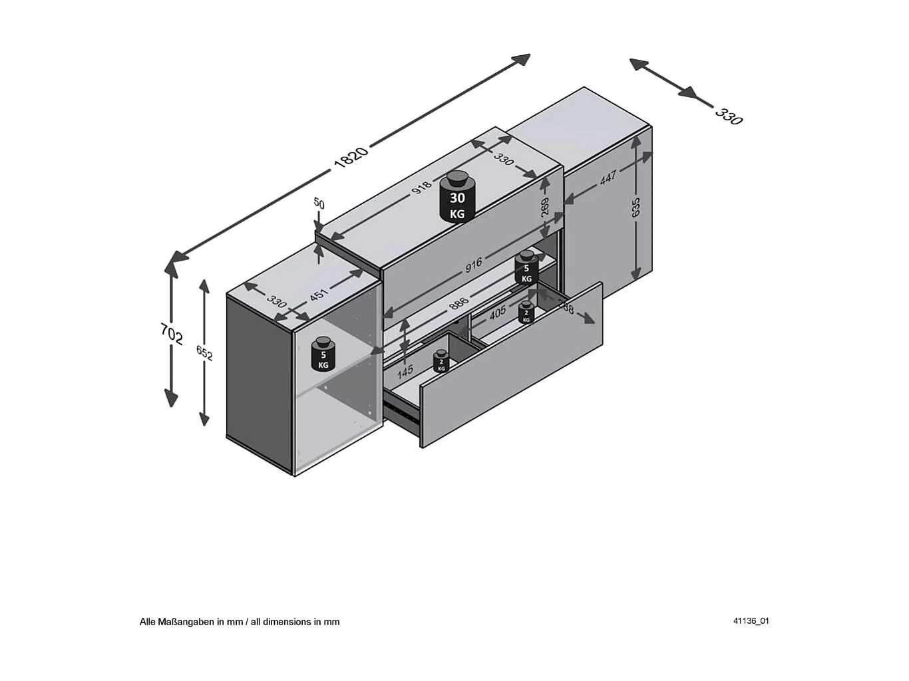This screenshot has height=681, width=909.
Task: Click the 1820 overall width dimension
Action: [x=351, y=156]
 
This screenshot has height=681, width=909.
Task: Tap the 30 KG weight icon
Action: [x=457, y=198]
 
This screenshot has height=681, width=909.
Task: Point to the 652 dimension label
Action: [x=204, y=353]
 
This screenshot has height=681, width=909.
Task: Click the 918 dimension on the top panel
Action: [x=421, y=188]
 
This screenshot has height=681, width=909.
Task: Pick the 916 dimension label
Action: [x=473, y=265]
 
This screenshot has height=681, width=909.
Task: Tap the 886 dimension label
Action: [x=458, y=304]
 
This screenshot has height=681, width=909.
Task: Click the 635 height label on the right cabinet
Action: [x=636, y=207]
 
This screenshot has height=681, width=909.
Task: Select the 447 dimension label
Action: [x=608, y=178]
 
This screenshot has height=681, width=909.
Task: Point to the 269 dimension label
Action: [x=545, y=207]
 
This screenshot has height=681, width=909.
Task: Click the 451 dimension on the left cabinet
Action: [x=319, y=294]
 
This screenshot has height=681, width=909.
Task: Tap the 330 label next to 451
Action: [x=277, y=300]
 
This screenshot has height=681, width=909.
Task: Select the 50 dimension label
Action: [x=319, y=204]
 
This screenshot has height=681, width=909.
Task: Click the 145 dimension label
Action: [x=405, y=371]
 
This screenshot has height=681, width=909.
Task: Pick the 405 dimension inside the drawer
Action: [x=497, y=313]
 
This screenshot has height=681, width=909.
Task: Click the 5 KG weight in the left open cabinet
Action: [x=323, y=354]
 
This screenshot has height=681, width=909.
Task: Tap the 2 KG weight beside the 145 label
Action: [x=441, y=362]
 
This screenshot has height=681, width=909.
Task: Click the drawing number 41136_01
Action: [x=751, y=621]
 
